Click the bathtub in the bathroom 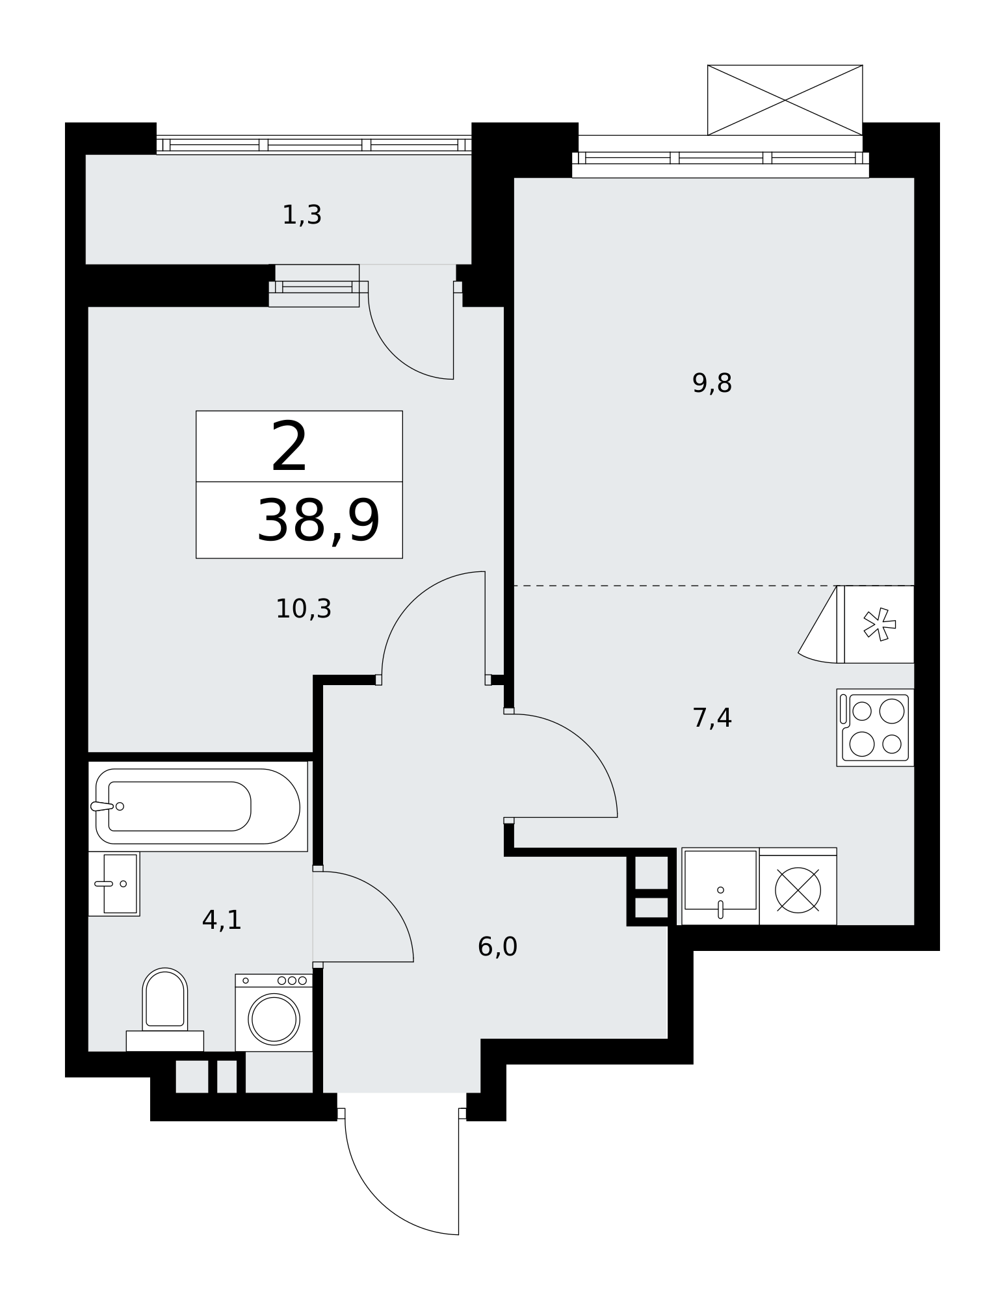(198, 806)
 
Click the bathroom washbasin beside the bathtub (114, 883)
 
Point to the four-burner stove (874, 727)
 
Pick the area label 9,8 (712, 384)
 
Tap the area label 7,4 (712, 718)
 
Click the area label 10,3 (304, 609)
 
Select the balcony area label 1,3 (302, 215)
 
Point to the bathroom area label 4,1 (222, 920)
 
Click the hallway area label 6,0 (497, 947)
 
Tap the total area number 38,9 (318, 521)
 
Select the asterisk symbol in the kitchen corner (879, 625)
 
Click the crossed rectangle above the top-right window (785, 100)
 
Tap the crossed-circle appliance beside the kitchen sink (798, 888)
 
